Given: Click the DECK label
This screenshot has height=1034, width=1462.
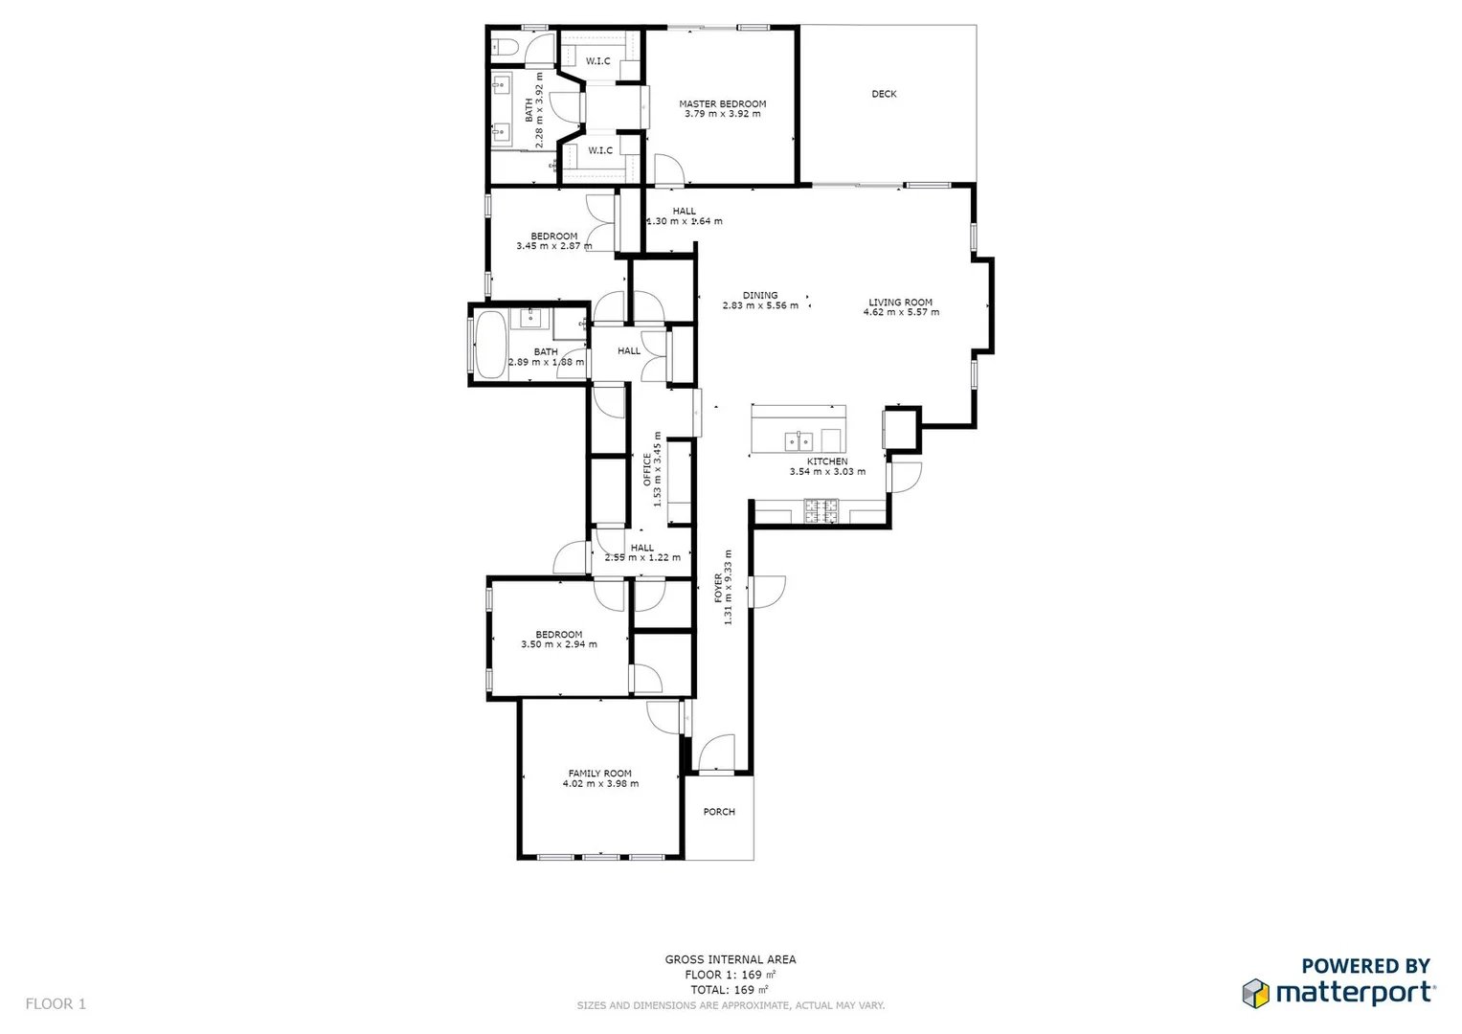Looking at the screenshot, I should [x=884, y=94].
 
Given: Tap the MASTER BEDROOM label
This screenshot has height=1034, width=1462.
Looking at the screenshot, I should [x=723, y=103].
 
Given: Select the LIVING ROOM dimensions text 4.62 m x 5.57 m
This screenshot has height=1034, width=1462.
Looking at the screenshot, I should [x=901, y=312].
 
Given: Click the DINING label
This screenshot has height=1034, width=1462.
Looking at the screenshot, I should [x=760, y=295].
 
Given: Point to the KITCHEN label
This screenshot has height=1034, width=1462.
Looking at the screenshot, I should [x=827, y=461].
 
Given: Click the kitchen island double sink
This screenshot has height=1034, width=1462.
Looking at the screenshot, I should [x=798, y=440].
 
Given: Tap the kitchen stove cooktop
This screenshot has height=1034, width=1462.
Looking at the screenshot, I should [x=821, y=511].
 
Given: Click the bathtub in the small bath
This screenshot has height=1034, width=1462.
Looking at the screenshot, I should [x=490, y=343].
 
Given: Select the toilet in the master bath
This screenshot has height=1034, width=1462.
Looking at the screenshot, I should [x=505, y=46].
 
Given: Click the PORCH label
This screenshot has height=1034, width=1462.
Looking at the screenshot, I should [x=719, y=812].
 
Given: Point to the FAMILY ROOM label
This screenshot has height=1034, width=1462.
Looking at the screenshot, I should [x=600, y=774].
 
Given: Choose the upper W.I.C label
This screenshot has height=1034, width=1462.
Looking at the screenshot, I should [x=598, y=61].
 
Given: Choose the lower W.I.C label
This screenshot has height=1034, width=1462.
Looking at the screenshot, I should [x=600, y=150].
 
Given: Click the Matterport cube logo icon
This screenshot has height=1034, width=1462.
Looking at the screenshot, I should [x=1255, y=993].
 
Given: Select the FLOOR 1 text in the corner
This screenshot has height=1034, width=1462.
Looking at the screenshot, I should [x=56, y=1004].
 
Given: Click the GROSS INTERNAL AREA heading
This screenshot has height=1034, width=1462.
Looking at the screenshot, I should [x=731, y=959].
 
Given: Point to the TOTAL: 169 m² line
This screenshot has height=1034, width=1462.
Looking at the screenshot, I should [x=730, y=990].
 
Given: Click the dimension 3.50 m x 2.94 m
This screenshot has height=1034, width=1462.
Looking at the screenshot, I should [x=559, y=644].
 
